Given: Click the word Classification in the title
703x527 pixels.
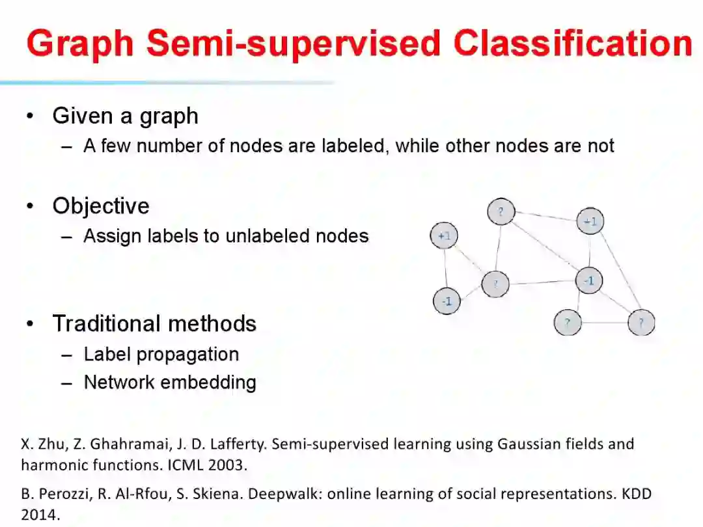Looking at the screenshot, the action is [573, 44].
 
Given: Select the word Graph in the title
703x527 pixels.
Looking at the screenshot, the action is [81, 44].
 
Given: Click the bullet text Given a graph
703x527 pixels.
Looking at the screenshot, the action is [125, 116].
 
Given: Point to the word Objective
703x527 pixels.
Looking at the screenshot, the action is [101, 206].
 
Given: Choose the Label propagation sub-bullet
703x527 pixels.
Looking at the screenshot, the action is [161, 355].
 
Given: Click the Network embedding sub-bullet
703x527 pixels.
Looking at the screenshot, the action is [170, 383].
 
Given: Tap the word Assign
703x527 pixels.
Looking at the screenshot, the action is [108, 236].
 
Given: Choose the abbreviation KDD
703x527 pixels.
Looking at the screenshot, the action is [635, 494].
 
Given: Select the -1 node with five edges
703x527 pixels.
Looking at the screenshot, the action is [589, 281].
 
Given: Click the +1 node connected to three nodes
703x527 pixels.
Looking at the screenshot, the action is [590, 221].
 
